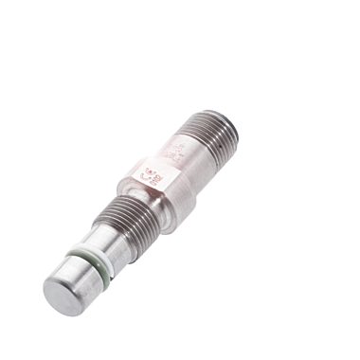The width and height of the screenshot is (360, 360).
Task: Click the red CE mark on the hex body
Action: coord(153,173)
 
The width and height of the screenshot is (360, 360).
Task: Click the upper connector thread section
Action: coord(213,123)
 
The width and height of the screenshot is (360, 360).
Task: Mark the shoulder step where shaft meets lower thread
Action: coord(116,227)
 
